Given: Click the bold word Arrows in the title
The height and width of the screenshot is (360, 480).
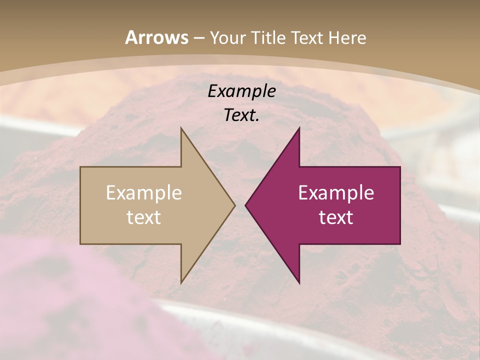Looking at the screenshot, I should pyautogui.click(x=156, y=37).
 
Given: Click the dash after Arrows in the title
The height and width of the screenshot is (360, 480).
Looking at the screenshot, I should pyautogui.click(x=198, y=38).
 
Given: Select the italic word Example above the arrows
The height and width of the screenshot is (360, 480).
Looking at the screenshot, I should pyautogui.click(x=241, y=91).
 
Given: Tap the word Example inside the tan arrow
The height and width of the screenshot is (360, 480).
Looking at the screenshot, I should pyautogui.click(x=144, y=193).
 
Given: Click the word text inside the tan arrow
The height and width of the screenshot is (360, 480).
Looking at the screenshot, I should pyautogui.click(x=144, y=217).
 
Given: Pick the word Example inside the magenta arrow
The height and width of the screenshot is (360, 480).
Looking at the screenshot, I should pyautogui.click(x=336, y=193).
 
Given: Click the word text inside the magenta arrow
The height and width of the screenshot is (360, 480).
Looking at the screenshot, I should pyautogui.click(x=336, y=217).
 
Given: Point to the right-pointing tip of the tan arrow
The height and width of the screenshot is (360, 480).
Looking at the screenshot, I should pyautogui.click(x=234, y=205).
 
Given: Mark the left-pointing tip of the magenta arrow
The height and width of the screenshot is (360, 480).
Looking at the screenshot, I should pyautogui.click(x=245, y=205).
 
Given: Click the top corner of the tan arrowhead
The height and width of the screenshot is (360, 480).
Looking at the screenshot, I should pyautogui.click(x=181, y=128).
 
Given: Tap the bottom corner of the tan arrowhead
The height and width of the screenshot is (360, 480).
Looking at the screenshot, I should pyautogui.click(x=181, y=283).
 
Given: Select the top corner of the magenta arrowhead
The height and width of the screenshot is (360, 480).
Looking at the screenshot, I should pyautogui.click(x=299, y=128).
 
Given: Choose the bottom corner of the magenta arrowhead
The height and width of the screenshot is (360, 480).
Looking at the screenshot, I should pyautogui.click(x=299, y=283).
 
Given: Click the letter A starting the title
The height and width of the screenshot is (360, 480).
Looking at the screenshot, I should pyautogui.click(x=131, y=37).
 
